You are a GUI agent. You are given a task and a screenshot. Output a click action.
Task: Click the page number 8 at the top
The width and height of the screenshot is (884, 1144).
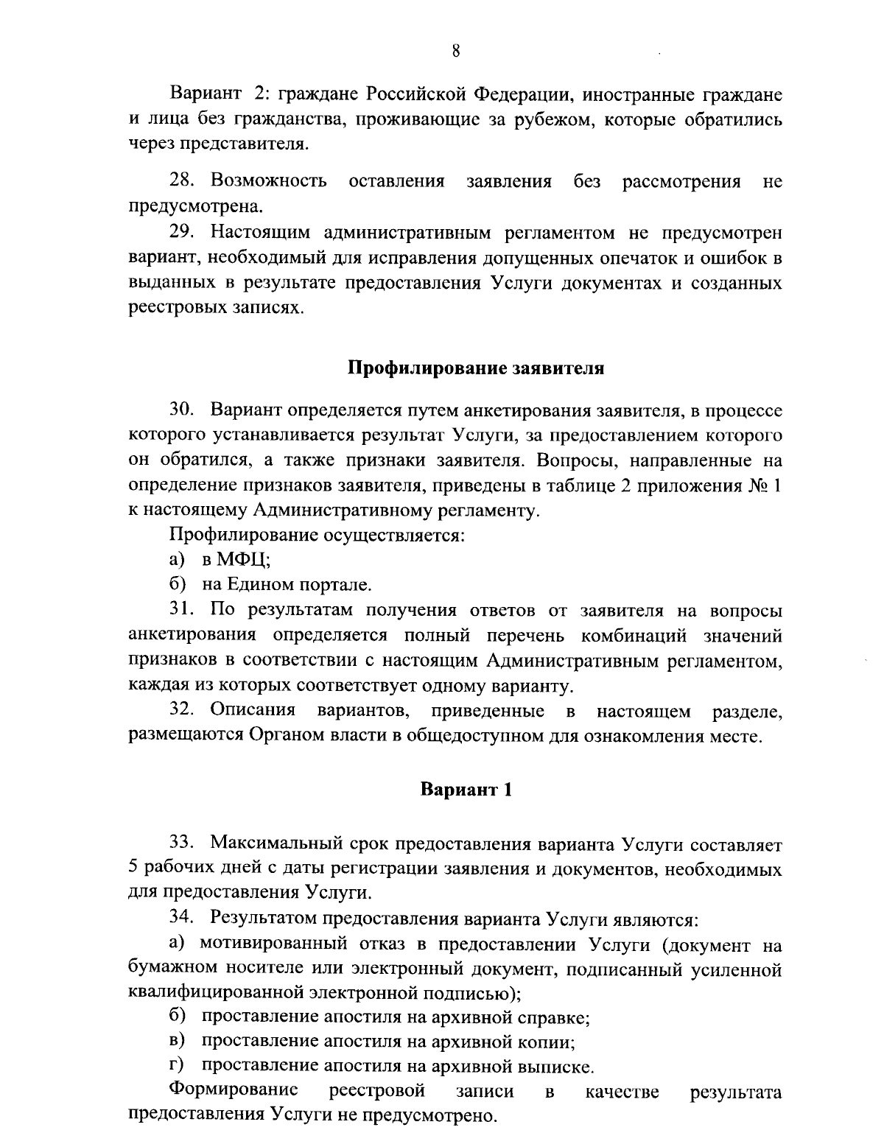pyautogui.click(x=456, y=51)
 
